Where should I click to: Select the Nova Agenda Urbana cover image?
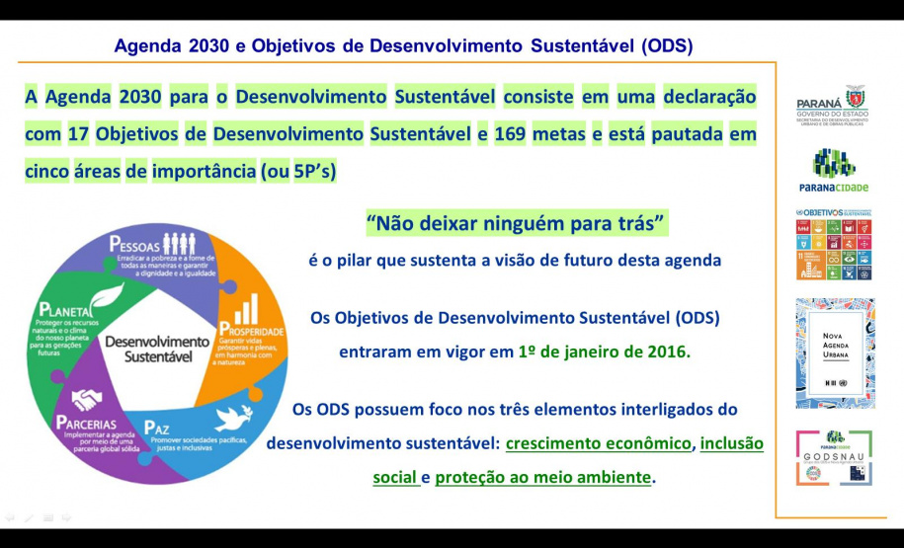[835, 352]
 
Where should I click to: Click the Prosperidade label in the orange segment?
[253, 331]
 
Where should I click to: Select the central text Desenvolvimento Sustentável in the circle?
[157, 349]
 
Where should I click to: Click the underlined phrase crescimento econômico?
[598, 444]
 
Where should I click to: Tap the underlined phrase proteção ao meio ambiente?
[543, 478]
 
